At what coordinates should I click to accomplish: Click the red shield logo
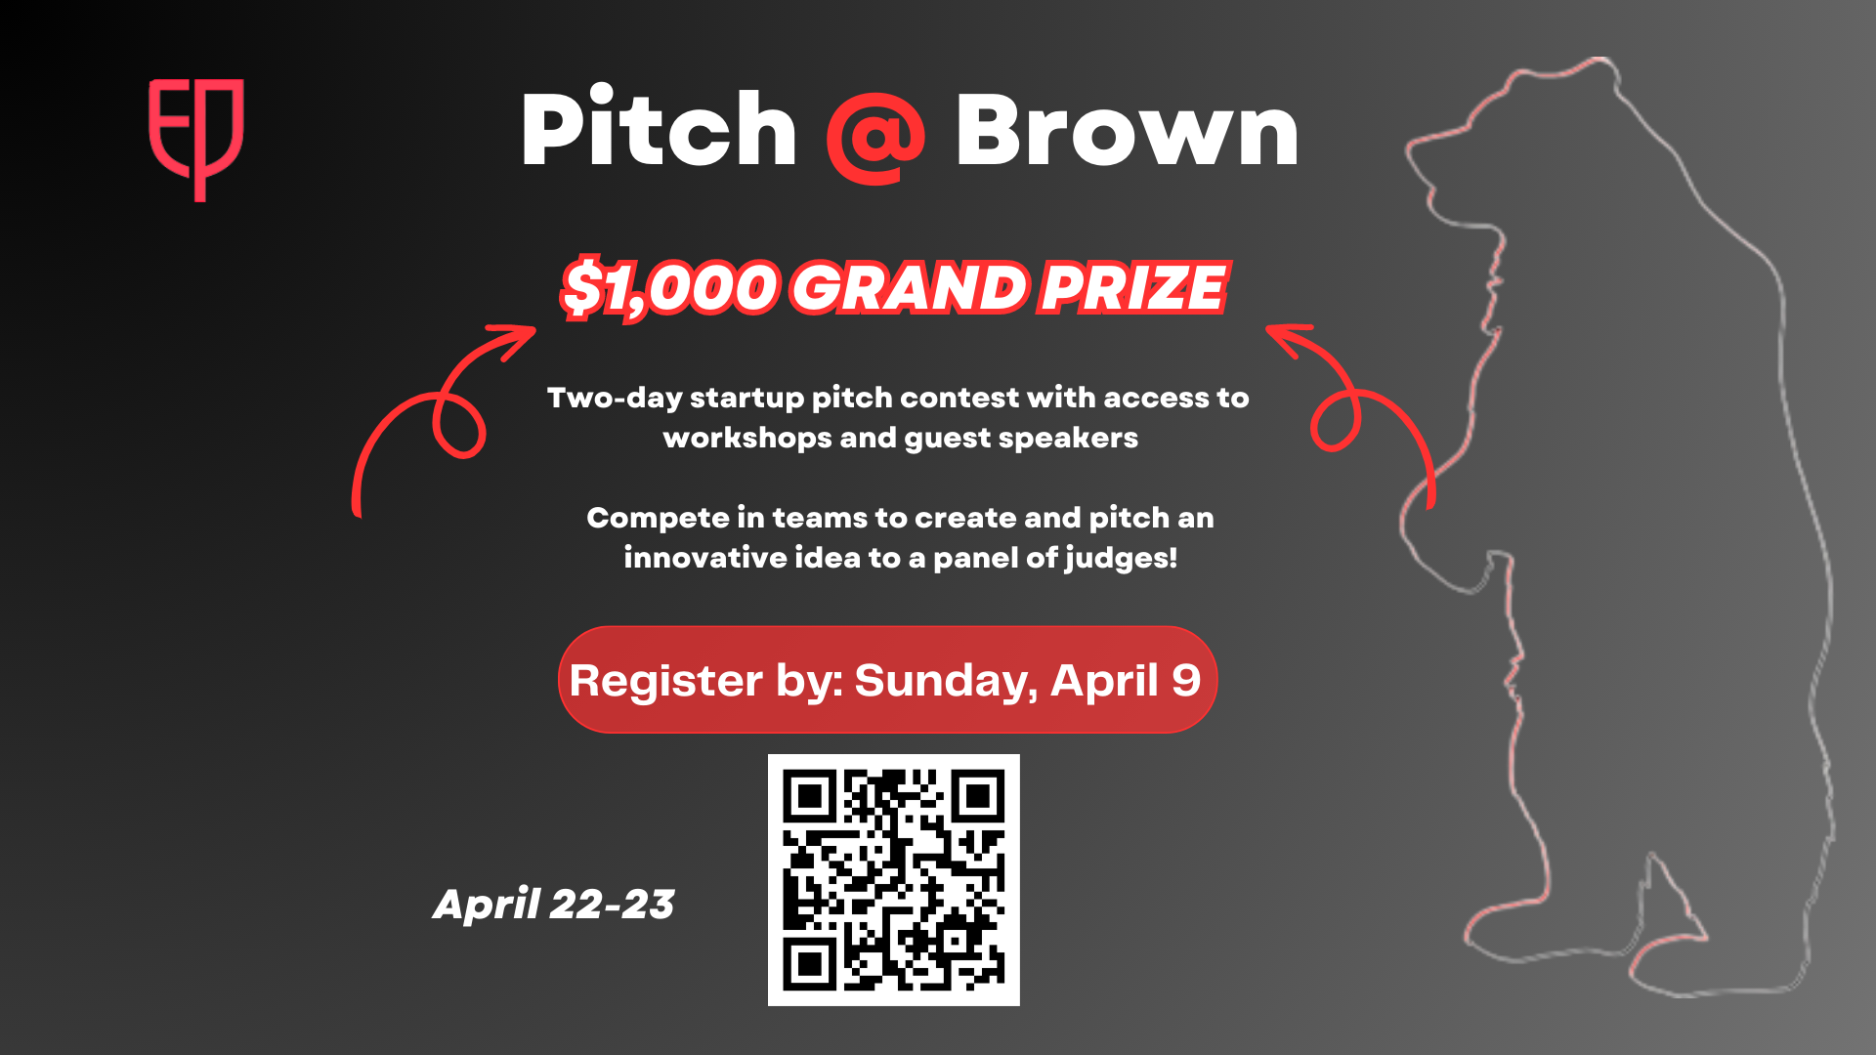click(x=195, y=140)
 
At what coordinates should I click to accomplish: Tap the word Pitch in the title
click(x=660, y=130)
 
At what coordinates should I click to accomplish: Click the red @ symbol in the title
click(x=875, y=137)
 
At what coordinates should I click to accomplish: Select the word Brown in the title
click(x=1127, y=131)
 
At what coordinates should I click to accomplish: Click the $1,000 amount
click(x=670, y=289)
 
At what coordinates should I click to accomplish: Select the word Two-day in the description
click(x=615, y=399)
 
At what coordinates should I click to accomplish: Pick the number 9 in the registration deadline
click(x=1186, y=680)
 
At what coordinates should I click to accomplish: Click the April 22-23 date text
click(x=554, y=905)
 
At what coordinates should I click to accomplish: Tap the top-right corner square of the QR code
click(x=978, y=797)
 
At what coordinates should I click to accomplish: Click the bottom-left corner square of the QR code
click(x=809, y=965)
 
